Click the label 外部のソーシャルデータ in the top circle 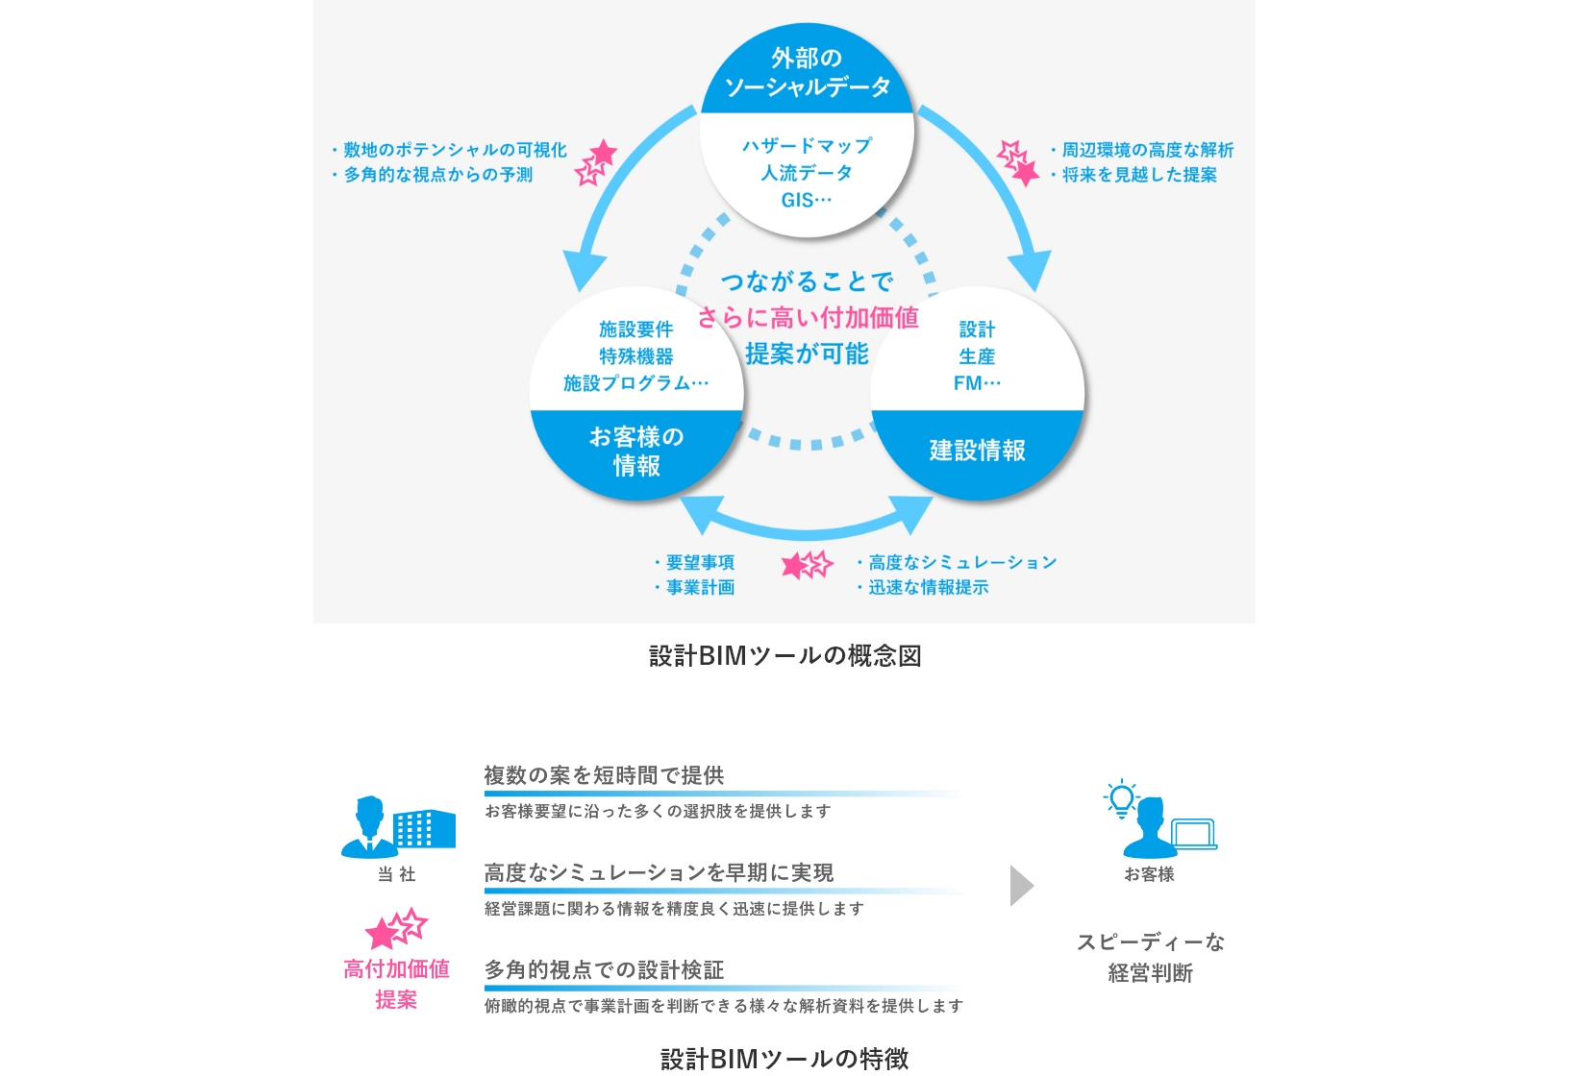pos(807,72)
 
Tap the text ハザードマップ pos(807,146)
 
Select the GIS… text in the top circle pos(807,200)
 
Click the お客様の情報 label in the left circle pos(636,451)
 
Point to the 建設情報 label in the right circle pos(977,451)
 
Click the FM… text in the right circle pos(977,383)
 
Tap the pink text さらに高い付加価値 pos(808,318)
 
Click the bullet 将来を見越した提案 pos(1134,174)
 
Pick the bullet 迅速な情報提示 pos(923,587)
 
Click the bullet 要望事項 pos(695,562)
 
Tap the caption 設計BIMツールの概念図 pos(784,656)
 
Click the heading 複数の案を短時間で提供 pos(604,775)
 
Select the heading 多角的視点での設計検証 pos(604,969)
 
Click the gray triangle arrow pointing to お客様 pos(1021,887)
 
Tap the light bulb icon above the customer pos(1121,798)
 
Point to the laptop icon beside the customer pos(1194,834)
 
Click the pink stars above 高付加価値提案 pos(396,928)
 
